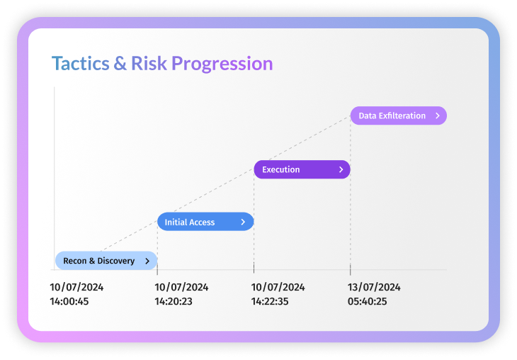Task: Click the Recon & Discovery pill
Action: click(x=106, y=261)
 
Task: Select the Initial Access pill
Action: click(x=205, y=222)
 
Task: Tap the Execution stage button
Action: click(x=302, y=169)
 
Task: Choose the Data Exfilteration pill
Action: click(x=399, y=116)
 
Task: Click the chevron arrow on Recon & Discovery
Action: click(x=147, y=261)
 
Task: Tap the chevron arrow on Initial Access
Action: click(x=243, y=222)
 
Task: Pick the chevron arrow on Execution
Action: click(x=341, y=169)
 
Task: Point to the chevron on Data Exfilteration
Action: click(x=438, y=116)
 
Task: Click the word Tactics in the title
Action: click(x=81, y=63)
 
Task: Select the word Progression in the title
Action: click(x=222, y=64)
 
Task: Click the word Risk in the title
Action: click(x=149, y=63)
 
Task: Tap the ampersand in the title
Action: click(x=120, y=63)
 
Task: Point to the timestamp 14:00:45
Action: click(x=69, y=302)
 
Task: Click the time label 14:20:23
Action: click(x=174, y=302)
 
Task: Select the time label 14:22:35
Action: click(x=270, y=302)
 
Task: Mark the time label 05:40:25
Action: click(x=368, y=302)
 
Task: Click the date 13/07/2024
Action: click(x=374, y=288)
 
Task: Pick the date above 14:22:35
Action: click(x=278, y=288)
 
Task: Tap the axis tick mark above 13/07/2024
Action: click(x=350, y=269)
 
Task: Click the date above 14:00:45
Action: click(x=76, y=288)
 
